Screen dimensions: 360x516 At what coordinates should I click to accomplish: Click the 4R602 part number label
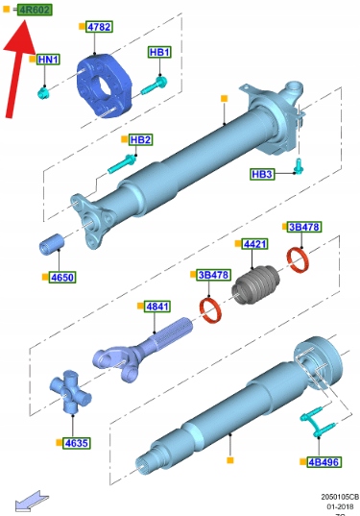tap(35, 10)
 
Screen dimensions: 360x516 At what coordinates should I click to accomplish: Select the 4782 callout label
tap(99, 27)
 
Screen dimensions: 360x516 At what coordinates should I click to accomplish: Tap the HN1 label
tap(48, 60)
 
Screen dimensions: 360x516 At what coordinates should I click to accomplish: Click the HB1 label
tap(159, 52)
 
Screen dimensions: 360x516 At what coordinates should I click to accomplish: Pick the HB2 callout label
tap(140, 139)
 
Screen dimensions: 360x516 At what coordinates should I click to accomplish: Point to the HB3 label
tap(262, 174)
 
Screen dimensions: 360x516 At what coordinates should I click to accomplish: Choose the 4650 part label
tap(62, 277)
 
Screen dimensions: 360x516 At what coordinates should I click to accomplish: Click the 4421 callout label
tap(254, 244)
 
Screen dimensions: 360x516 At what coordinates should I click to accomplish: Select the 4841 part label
tap(157, 307)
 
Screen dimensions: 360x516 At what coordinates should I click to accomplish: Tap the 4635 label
tap(76, 443)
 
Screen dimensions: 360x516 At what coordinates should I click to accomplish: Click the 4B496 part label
tap(324, 462)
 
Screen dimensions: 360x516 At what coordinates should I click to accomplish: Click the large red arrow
tap(18, 68)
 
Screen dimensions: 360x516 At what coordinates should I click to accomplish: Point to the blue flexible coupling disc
tap(104, 86)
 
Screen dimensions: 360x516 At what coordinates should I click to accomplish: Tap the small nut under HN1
tap(43, 93)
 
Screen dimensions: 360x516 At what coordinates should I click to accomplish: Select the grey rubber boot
tap(255, 285)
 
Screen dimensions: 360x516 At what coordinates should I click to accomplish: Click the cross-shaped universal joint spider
tap(70, 391)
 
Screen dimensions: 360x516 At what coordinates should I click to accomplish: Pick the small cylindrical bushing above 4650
tap(52, 244)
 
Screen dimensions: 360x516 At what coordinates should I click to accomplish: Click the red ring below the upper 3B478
tap(298, 260)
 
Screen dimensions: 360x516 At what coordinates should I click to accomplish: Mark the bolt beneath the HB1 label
tap(154, 86)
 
